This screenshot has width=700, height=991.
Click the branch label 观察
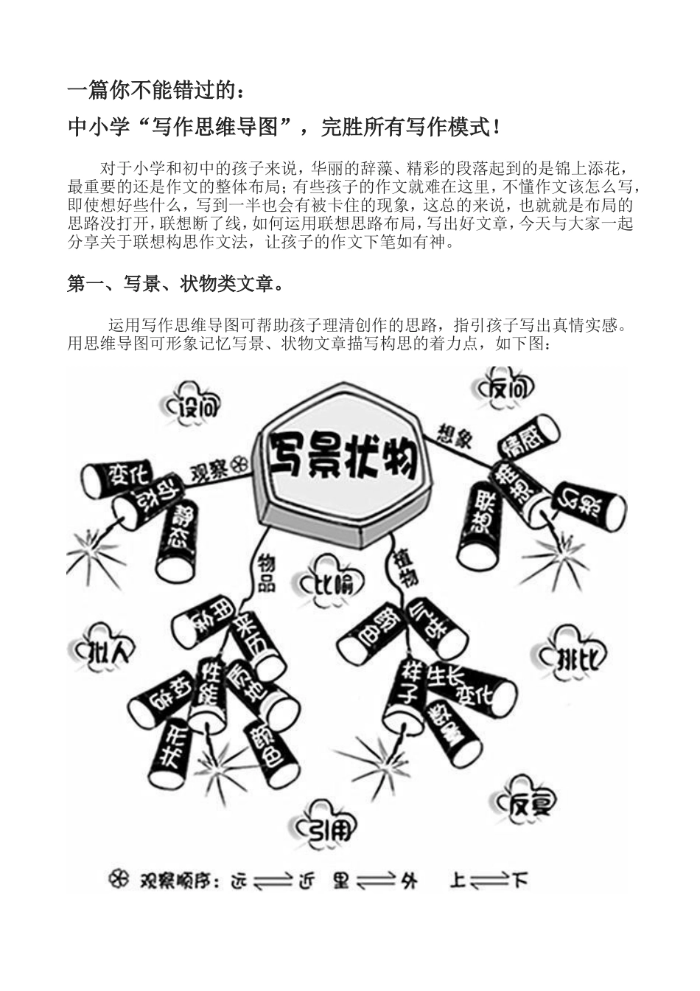[210, 470]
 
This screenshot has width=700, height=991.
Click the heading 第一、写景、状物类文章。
[175, 284]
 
